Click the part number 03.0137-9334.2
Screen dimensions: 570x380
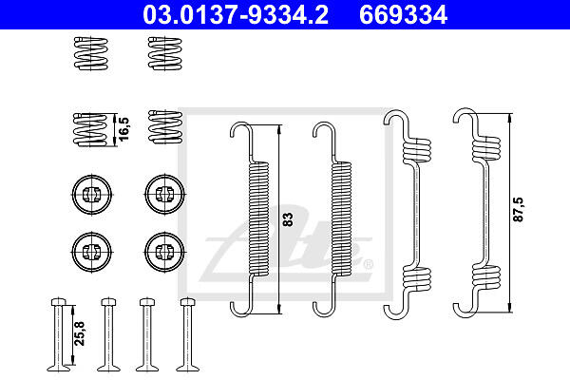(236, 14)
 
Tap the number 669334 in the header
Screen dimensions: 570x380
(403, 14)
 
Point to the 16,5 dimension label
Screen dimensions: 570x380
(123, 129)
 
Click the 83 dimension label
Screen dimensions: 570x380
(287, 219)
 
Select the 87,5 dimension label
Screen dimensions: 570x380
(518, 209)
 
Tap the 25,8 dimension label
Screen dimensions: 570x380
(79, 333)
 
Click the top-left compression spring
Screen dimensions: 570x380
(91, 53)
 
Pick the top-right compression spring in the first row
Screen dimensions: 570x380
(165, 53)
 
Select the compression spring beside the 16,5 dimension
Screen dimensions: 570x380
(91, 129)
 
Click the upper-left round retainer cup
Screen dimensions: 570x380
(91, 195)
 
